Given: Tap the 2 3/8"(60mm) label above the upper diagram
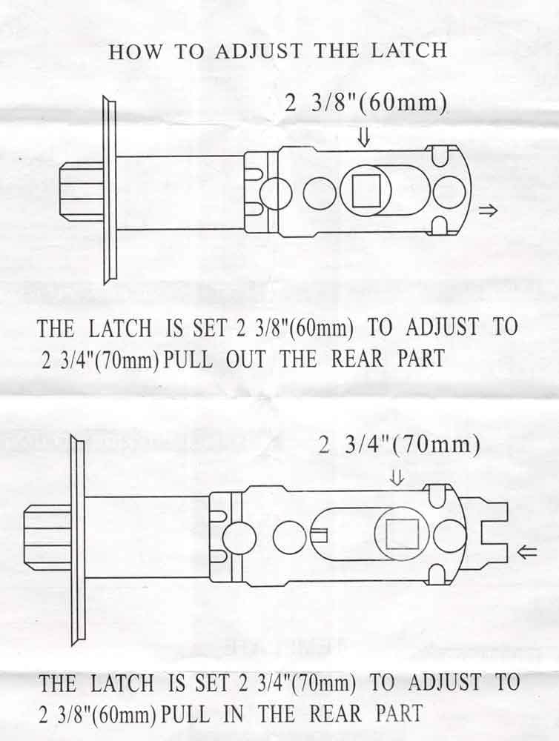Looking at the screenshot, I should click(x=366, y=102).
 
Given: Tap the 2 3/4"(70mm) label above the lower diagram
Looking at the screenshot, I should click(x=400, y=445).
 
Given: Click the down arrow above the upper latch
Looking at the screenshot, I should click(x=364, y=136).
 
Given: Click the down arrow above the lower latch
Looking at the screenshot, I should click(x=397, y=479).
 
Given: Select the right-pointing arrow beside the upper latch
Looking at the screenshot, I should click(x=489, y=211).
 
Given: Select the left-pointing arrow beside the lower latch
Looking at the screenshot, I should click(x=526, y=551).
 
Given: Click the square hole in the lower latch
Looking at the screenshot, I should click(x=403, y=534).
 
